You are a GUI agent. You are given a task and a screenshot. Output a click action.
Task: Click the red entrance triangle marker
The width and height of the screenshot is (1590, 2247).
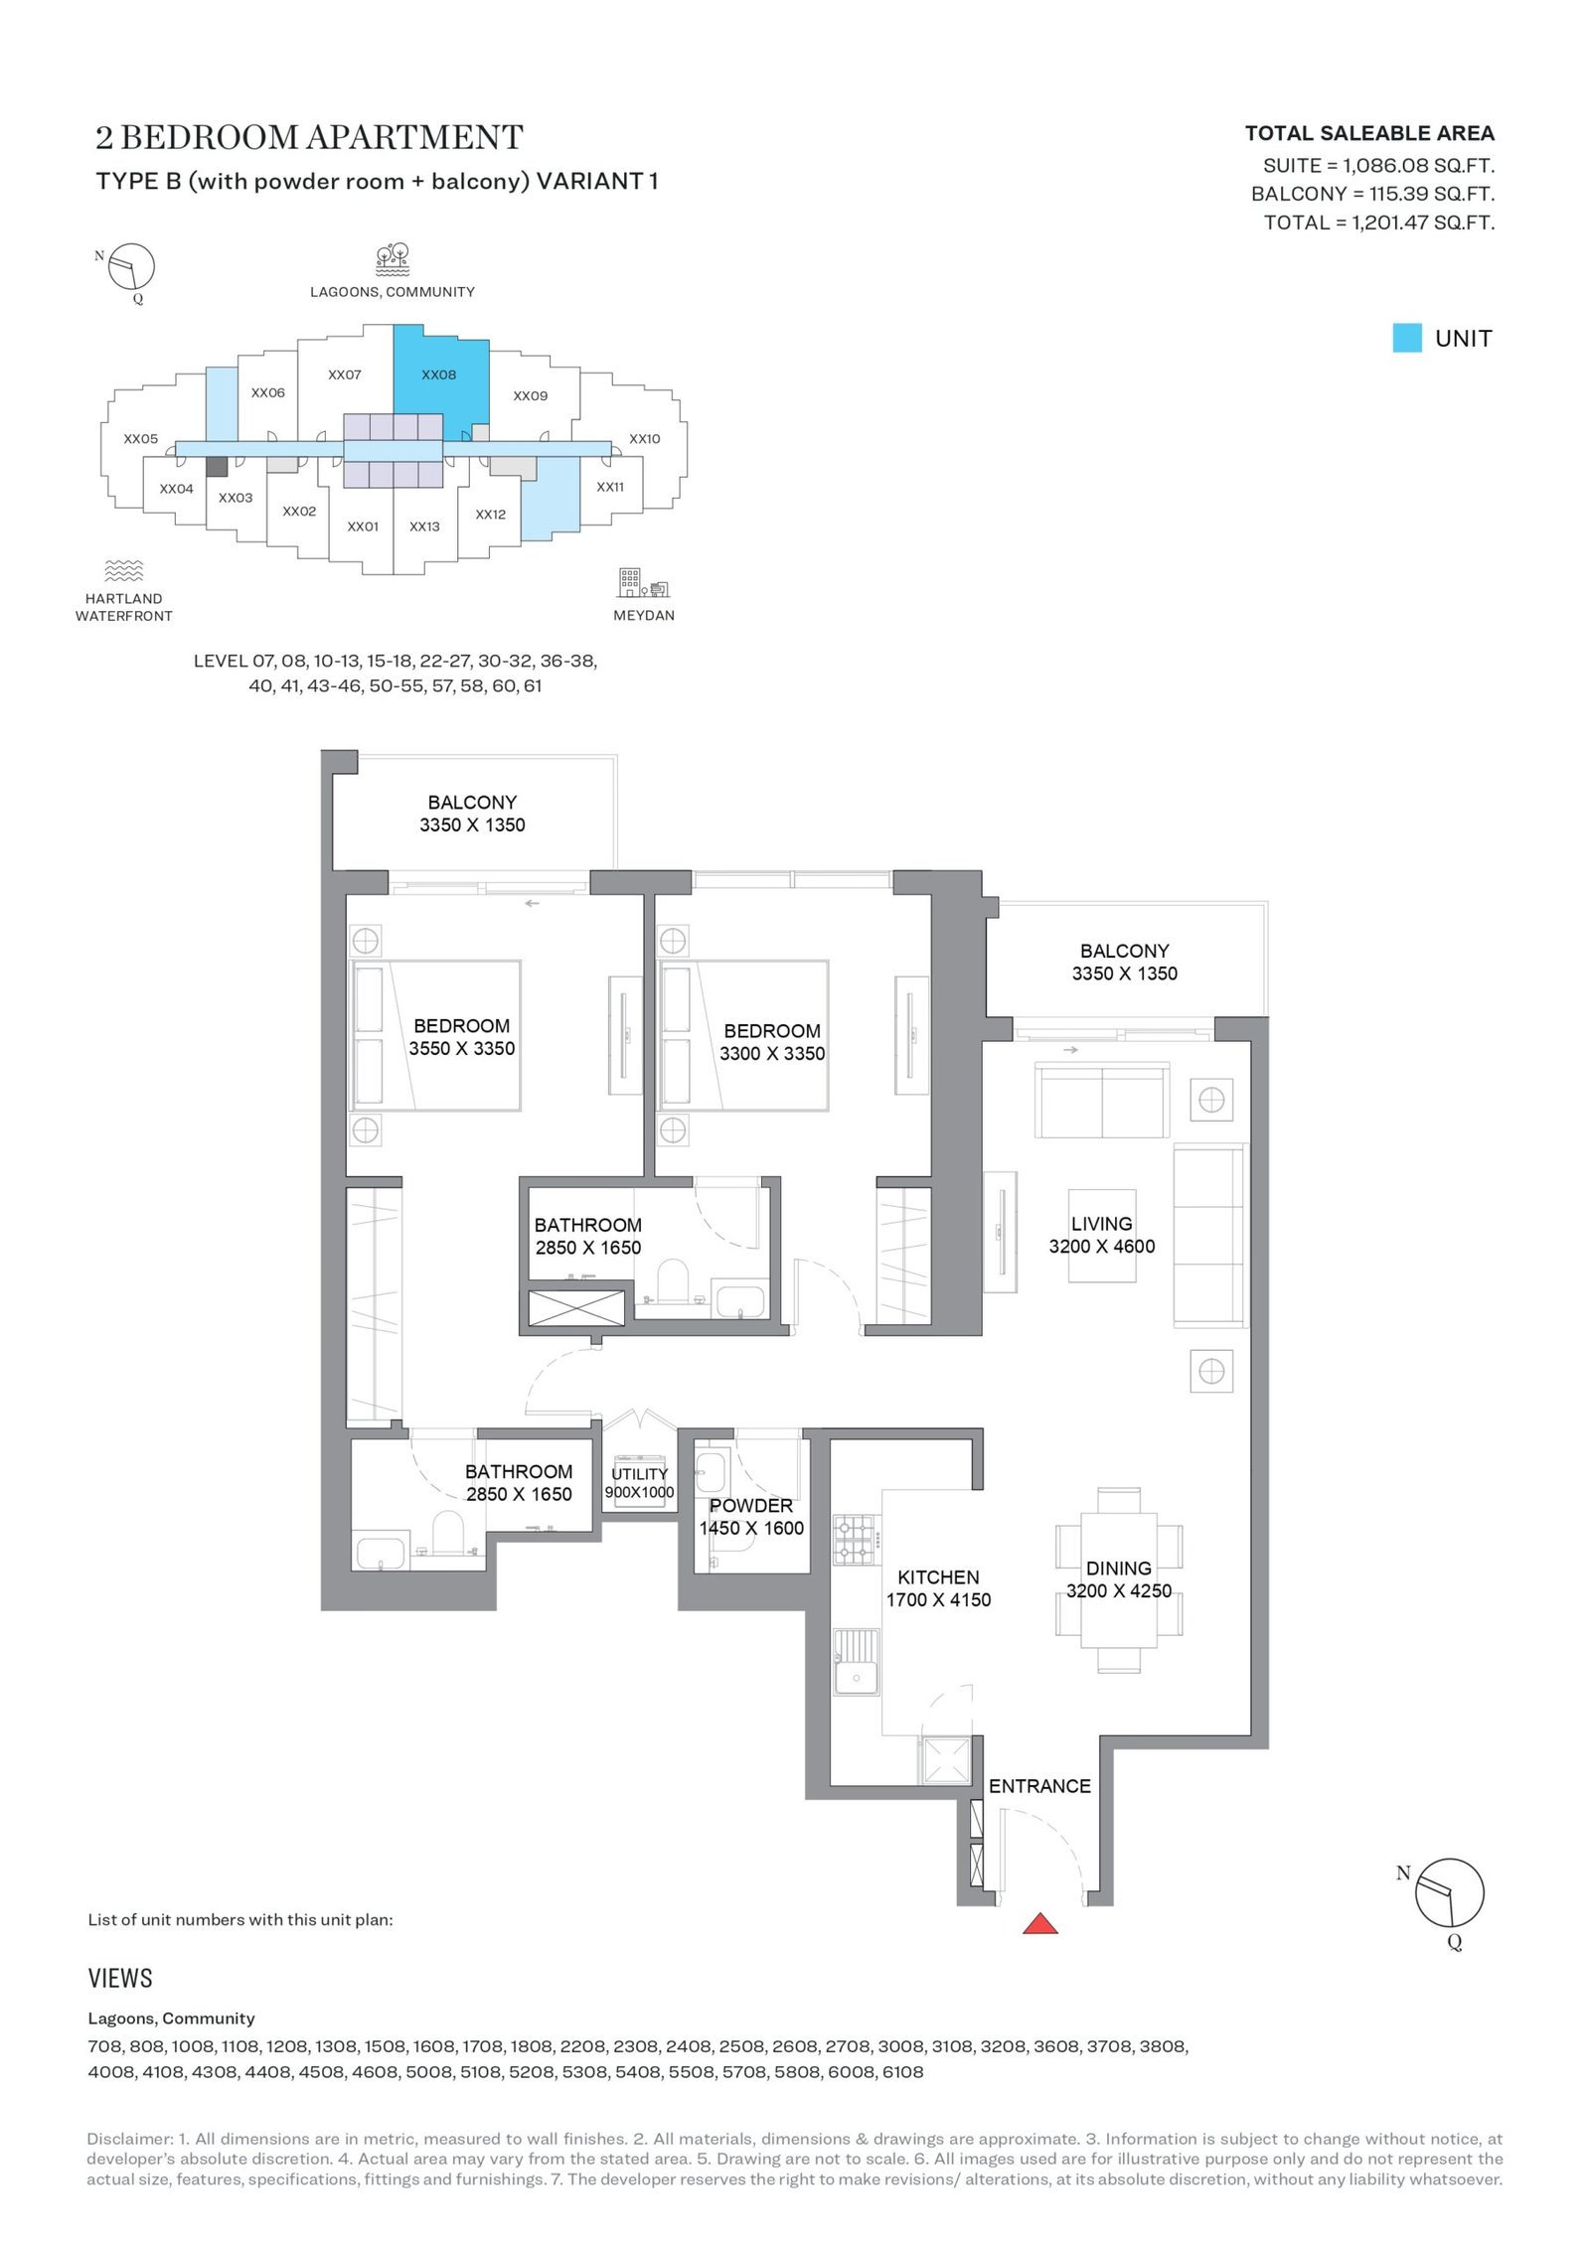[1039, 1923]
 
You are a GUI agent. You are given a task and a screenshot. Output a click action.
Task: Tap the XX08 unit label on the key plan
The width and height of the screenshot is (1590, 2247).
[438, 374]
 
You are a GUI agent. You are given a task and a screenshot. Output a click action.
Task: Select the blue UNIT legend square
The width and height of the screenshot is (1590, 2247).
[1406, 338]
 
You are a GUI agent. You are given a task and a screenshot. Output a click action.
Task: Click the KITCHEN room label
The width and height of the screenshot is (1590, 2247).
[938, 1576]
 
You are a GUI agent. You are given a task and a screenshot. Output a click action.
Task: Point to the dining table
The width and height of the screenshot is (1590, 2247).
[1119, 1578]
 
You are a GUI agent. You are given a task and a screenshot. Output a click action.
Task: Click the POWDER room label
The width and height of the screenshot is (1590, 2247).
[751, 1506]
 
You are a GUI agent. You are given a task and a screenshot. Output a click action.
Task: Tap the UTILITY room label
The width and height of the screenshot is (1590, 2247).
[639, 1474]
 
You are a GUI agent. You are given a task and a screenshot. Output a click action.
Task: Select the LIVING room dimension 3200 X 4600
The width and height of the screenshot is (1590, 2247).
[1102, 1247]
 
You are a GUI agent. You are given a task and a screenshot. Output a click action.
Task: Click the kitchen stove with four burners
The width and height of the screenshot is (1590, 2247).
[854, 1539]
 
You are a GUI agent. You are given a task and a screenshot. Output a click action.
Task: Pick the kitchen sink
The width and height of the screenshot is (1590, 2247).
[856, 1663]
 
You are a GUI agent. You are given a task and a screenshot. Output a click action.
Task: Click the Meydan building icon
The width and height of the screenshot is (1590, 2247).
[644, 583]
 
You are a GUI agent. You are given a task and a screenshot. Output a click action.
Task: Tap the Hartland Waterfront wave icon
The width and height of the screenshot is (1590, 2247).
[123, 570]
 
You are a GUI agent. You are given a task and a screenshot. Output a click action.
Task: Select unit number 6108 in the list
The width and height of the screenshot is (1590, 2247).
[903, 2072]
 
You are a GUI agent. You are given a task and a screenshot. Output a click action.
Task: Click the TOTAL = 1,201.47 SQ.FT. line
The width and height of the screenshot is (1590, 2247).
[1379, 223]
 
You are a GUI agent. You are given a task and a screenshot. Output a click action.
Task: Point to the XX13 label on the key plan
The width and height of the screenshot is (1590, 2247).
[424, 526]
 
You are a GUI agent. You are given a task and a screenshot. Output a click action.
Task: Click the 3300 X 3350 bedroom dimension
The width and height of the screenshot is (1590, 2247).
[772, 1054]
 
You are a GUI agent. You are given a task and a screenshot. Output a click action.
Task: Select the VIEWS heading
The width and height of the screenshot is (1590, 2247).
[120, 1978]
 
